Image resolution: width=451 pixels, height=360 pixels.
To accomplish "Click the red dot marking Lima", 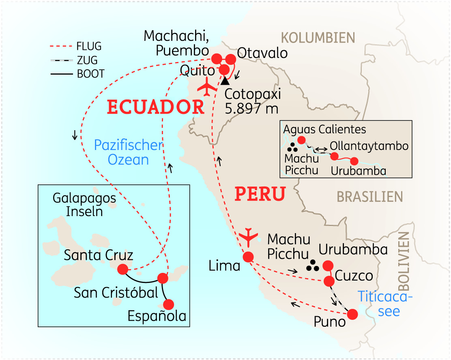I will (248, 257).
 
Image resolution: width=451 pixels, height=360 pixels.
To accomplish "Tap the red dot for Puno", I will (352, 314).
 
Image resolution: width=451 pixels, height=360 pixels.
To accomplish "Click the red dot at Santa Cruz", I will (122, 269).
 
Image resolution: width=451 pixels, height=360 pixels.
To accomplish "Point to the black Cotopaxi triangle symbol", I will (225, 81).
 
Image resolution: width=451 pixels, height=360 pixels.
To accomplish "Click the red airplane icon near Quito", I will (208, 87).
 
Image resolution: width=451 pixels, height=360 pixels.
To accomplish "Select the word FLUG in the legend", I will (89, 46).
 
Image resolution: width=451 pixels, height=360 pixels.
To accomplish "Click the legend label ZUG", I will (87, 60).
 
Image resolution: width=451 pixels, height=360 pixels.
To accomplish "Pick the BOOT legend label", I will (90, 74).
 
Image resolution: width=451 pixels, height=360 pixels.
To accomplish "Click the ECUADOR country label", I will (155, 107).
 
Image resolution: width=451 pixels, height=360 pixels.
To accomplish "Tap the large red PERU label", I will (260, 194).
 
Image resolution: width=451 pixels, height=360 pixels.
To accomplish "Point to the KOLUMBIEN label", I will (318, 38).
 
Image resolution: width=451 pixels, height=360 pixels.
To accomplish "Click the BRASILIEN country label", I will (369, 197).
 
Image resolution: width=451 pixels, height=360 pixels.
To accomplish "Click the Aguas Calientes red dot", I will (301, 140).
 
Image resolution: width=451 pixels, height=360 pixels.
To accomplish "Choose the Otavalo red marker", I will (231, 59).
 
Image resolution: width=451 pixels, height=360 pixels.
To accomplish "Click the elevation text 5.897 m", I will (249, 109).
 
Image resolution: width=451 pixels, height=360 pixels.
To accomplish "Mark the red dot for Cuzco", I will (329, 281).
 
